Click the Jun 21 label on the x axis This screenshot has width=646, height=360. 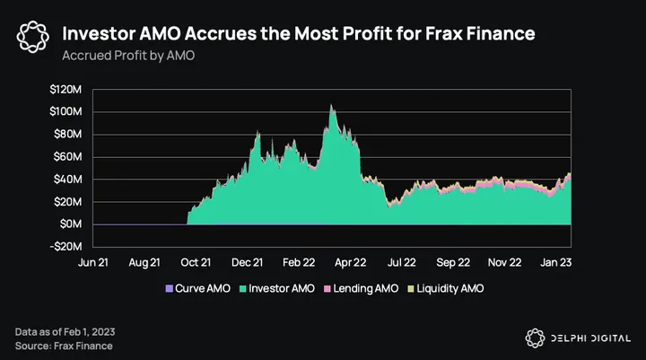(x=94, y=263)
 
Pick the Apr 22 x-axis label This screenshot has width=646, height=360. (x=351, y=263)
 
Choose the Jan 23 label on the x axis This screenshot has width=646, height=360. (x=555, y=263)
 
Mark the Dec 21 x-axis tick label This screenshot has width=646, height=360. (x=246, y=263)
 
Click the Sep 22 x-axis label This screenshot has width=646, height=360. (x=453, y=263)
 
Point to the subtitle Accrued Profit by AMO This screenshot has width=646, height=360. (x=128, y=55)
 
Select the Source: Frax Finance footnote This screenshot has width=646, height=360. (x=64, y=345)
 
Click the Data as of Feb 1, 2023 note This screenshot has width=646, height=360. (x=68, y=332)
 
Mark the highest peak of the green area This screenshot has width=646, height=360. (x=332, y=106)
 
